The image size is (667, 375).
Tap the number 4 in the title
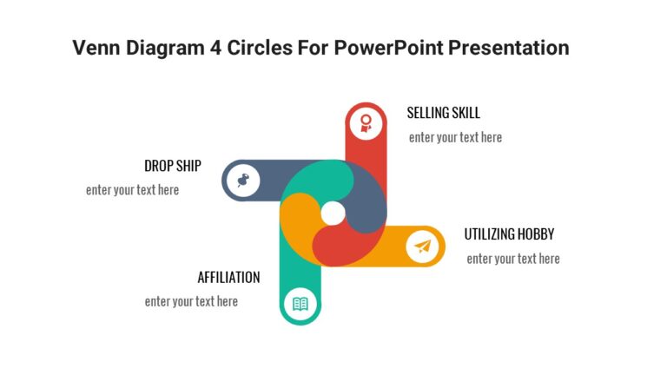tap(215, 48)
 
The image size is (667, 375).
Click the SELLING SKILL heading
tap(443, 113)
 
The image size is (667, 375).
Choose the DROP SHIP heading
tap(172, 166)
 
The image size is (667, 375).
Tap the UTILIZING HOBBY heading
tap(509, 234)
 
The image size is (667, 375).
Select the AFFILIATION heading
tap(228, 278)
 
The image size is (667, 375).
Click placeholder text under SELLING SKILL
tap(455, 137)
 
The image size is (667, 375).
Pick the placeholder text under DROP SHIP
tap(132, 190)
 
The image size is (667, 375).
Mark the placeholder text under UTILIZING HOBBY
tap(512, 259)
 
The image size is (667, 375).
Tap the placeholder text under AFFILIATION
tap(191, 302)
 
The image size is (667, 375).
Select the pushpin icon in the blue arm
tap(242, 181)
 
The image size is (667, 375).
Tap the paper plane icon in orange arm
tap(423, 247)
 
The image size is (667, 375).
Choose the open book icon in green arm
tap(300, 304)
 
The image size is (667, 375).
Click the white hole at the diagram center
tap(333, 213)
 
